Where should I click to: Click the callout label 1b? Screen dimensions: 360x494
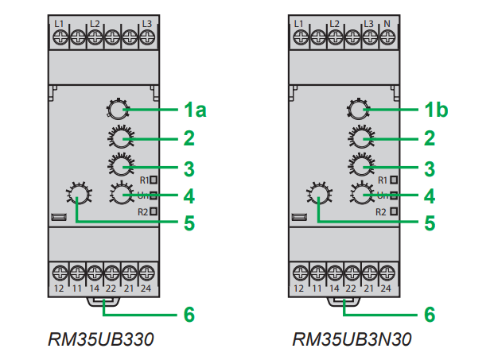[x=435, y=110]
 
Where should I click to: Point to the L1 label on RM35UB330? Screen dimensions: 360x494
[x=60, y=24]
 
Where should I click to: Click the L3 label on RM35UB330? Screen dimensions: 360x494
[x=146, y=24]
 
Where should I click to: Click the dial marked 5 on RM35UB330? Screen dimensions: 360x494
[x=78, y=196]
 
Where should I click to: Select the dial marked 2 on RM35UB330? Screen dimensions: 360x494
[x=120, y=139]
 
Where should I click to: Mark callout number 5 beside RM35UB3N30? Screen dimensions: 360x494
[x=430, y=223]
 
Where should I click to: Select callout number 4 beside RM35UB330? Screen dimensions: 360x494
[x=189, y=195]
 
